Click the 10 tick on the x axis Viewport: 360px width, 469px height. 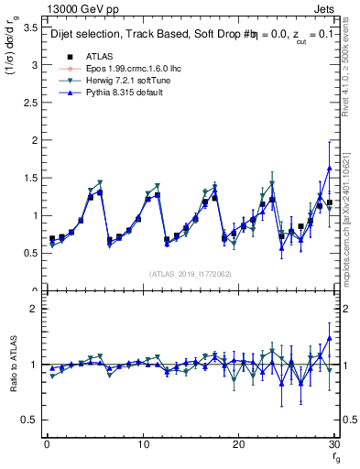[143, 444]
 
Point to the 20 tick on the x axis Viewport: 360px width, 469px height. [239, 444]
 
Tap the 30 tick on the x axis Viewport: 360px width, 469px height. [335, 444]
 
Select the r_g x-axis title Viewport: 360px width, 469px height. [335, 458]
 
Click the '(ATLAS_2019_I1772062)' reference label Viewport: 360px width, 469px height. [191, 273]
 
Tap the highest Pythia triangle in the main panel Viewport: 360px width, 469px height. [329, 169]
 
